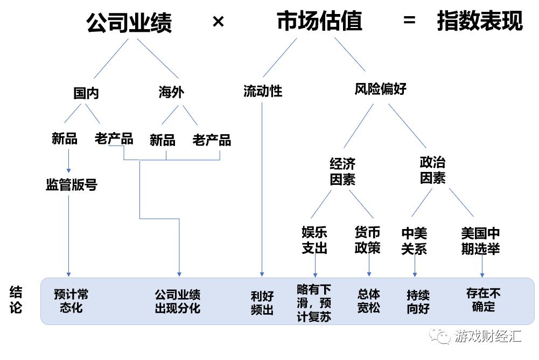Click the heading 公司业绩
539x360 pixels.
[x=129, y=23]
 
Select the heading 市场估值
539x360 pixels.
[x=319, y=22]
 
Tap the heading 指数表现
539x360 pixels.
[x=480, y=22]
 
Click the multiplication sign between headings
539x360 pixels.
[x=218, y=22]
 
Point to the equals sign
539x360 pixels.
[x=409, y=22]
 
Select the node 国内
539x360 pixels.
[x=86, y=93]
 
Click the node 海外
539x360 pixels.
[x=171, y=92]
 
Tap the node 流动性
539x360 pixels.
[x=263, y=91]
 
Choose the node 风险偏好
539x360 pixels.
[x=380, y=89]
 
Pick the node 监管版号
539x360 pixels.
[x=72, y=185]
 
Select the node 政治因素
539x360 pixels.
[x=432, y=170]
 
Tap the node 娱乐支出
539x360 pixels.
[x=314, y=240]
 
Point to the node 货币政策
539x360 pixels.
[x=367, y=240]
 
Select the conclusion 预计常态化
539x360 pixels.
[x=71, y=301]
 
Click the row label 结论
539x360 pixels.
[x=16, y=300]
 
